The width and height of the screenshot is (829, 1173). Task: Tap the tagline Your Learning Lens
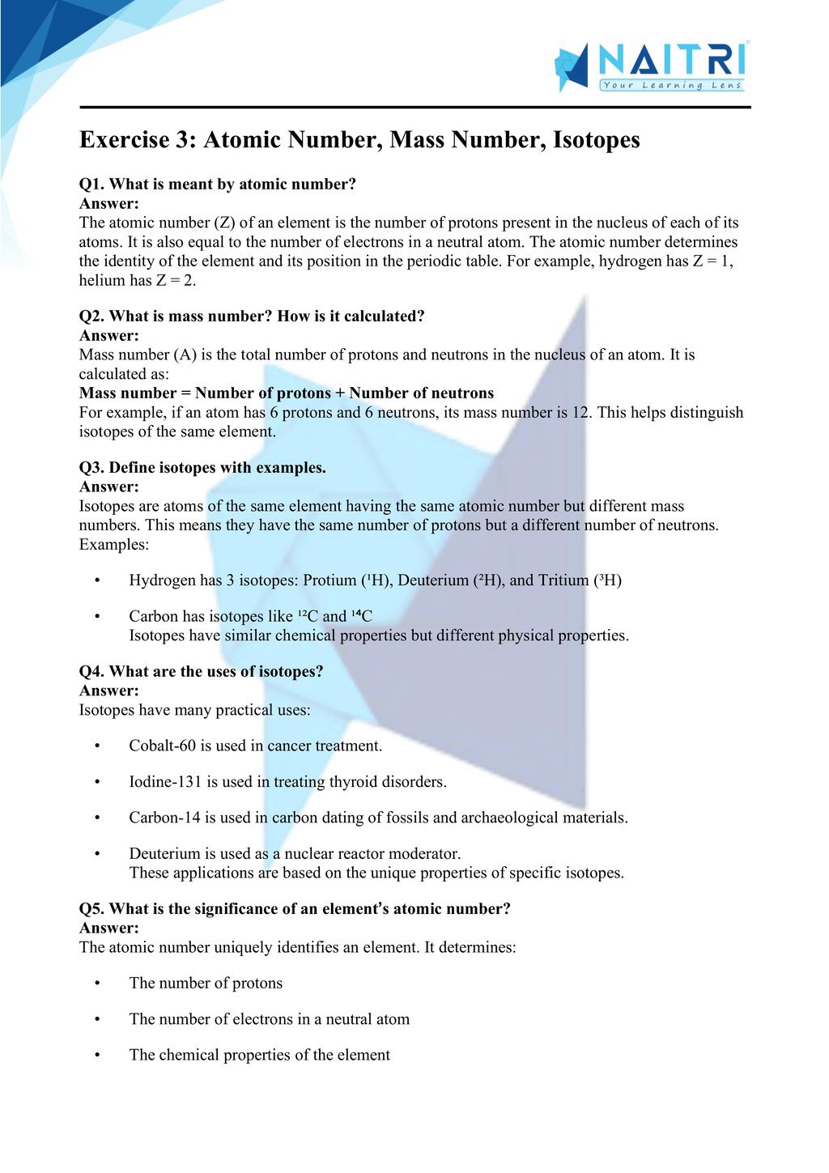(x=671, y=85)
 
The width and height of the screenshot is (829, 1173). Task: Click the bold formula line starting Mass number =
(x=287, y=393)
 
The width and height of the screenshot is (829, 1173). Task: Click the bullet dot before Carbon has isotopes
(x=97, y=617)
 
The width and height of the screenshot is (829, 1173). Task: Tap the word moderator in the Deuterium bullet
(x=423, y=854)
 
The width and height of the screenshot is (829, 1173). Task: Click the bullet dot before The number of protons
(x=97, y=984)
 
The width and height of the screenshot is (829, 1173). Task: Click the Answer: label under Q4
(x=109, y=691)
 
